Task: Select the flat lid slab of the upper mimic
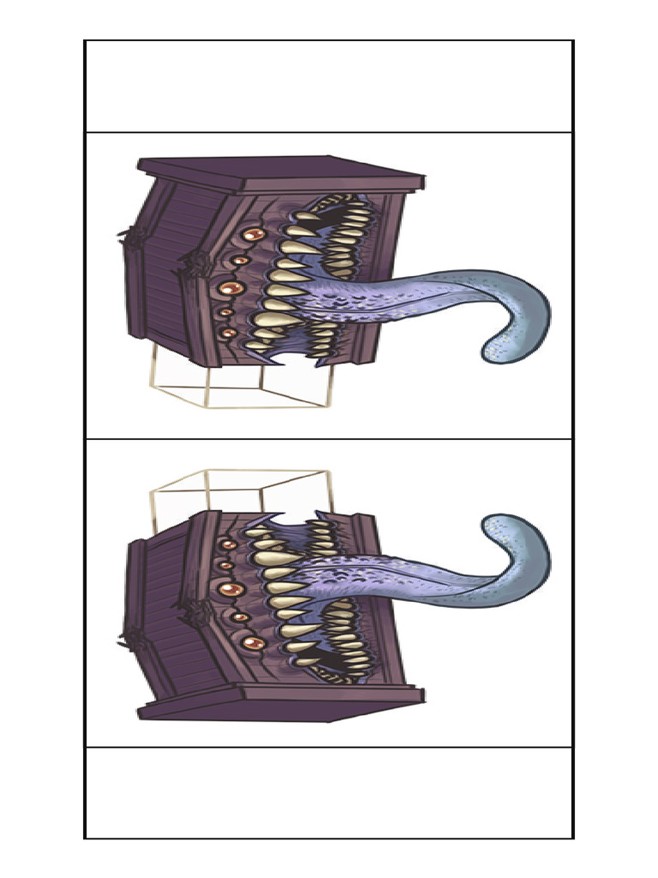tap(283, 171)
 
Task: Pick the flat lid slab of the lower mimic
tap(283, 707)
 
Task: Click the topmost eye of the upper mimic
tap(253, 233)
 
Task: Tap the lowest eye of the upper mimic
tap(228, 333)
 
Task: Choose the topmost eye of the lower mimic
tap(228, 544)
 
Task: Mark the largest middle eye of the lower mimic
tap(230, 590)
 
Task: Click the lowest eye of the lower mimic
tap(253, 643)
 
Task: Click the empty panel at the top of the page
tap(329, 86)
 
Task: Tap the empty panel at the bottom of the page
tap(329, 792)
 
